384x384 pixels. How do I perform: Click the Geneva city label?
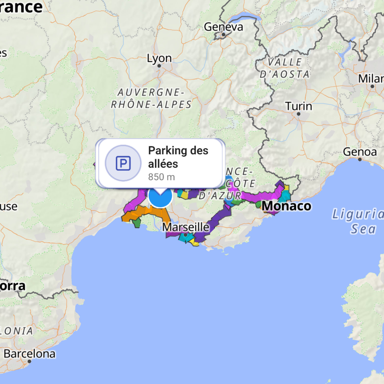pyautogui.click(x=223, y=27)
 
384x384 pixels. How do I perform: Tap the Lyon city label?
pyautogui.click(x=159, y=58)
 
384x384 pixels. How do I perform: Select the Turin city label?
pyautogui.click(x=298, y=106)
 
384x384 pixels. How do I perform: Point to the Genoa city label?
pyautogui.click(x=360, y=152)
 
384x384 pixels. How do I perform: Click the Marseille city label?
pyautogui.click(x=186, y=227)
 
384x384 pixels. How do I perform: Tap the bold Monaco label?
pyautogui.click(x=286, y=206)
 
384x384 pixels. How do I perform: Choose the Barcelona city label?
pyautogui.click(x=29, y=354)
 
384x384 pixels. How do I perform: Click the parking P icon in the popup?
pyautogui.click(x=123, y=163)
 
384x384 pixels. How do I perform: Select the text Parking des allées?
pyautogui.click(x=178, y=157)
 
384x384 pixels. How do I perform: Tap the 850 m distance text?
pyautogui.click(x=162, y=177)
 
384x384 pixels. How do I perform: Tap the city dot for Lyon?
pyautogui.click(x=159, y=66)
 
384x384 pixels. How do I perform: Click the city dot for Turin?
pyautogui.click(x=299, y=114)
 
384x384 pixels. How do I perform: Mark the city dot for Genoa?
pyautogui.click(x=360, y=159)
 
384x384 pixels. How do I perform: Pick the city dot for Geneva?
pyautogui.click(x=223, y=35)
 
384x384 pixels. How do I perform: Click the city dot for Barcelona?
pyautogui.click(x=29, y=361)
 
